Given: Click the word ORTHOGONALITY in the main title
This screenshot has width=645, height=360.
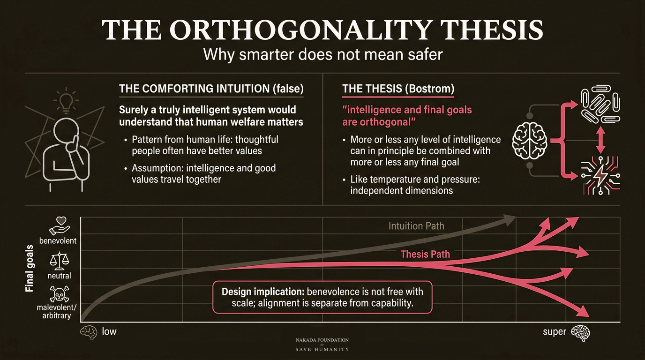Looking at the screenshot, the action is [302, 30].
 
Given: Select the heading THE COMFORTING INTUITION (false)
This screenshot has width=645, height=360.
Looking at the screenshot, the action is [211, 89].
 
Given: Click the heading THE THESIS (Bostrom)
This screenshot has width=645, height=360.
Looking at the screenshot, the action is [398, 89].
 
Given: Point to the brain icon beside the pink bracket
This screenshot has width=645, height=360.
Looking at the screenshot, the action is [530, 141].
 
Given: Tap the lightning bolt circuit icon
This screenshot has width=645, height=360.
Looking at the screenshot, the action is [600, 175].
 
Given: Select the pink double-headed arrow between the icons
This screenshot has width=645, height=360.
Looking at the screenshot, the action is [600, 140].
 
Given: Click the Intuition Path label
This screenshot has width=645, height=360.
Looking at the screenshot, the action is [416, 226].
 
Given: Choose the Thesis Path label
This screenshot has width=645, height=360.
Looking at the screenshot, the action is [425, 254].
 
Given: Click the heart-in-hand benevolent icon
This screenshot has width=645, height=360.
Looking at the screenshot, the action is [60, 226].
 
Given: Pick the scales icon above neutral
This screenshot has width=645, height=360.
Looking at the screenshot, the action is [60, 261].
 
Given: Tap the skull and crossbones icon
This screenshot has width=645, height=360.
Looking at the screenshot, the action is [60, 293].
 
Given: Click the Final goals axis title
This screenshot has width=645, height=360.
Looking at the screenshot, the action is [30, 269].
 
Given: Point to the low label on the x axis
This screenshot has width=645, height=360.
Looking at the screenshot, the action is [109, 331].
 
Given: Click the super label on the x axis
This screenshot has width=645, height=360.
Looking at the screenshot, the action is [554, 332].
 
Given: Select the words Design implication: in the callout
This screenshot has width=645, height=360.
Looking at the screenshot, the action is [263, 292].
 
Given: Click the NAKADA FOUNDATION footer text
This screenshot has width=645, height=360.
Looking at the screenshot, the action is [322, 340].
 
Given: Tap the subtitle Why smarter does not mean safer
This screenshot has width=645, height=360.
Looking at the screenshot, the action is [322, 54].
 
